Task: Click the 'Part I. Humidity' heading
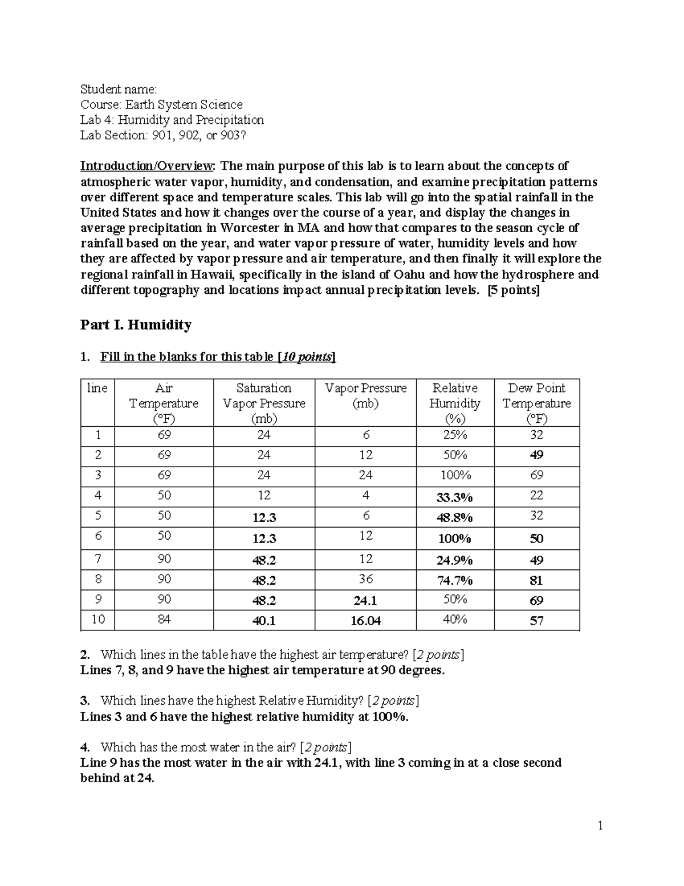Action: (136, 325)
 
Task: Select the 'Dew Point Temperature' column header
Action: (536, 403)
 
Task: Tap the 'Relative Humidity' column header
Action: (454, 403)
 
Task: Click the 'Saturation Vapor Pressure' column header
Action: (264, 403)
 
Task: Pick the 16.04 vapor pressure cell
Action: (365, 621)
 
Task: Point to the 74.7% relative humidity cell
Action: (454, 581)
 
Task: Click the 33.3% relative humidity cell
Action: (454, 497)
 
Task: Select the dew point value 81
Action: (536, 581)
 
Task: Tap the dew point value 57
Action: (536, 621)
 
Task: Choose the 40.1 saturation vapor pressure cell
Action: (264, 621)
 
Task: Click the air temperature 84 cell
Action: (164, 620)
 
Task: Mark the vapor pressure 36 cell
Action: (365, 579)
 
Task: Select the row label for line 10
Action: (98, 620)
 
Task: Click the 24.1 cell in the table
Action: (365, 601)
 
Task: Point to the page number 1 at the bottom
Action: (600, 826)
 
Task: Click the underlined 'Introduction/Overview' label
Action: (148, 166)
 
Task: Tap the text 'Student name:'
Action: (118, 89)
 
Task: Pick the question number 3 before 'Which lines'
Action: (84, 701)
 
